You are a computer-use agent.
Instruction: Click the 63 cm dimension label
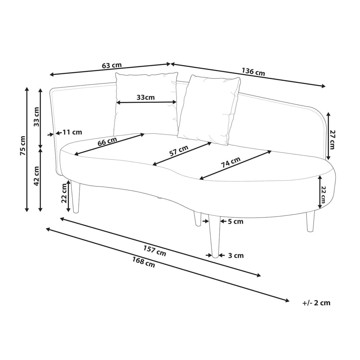coord(112,65)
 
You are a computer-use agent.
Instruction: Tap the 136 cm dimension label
coord(253,72)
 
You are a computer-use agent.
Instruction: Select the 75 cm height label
coord(23,145)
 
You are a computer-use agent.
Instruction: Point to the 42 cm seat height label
coord(36,176)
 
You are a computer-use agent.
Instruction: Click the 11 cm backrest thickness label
coord(72,132)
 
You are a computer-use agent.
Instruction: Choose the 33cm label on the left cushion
coord(145,97)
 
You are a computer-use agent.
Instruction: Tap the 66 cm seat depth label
coord(107,141)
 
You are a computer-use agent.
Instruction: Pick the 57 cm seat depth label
coord(179,151)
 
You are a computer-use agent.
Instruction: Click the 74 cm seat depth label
coord(231,162)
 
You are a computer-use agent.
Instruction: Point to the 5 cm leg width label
coord(235,222)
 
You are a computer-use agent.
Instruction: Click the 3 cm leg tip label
coord(236,255)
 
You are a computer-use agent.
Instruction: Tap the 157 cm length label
coord(154,251)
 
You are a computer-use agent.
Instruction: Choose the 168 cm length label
coord(143,262)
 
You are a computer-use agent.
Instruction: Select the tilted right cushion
coord(209,110)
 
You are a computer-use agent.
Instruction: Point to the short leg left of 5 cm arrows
coord(198,219)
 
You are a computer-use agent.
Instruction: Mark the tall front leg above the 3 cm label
coord(215,236)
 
